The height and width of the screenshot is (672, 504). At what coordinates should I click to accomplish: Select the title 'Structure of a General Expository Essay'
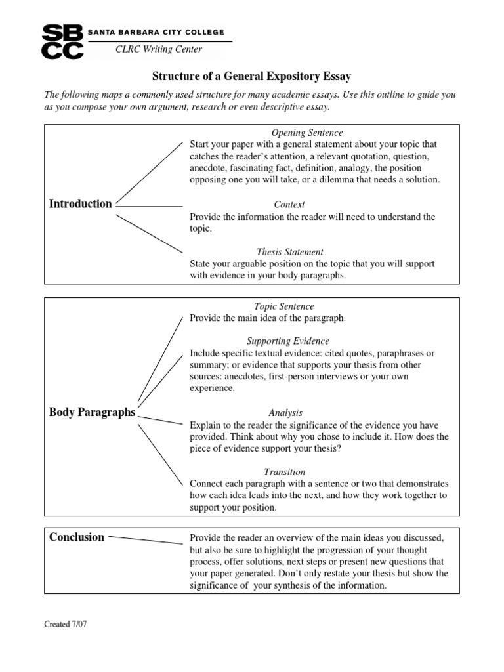(x=251, y=77)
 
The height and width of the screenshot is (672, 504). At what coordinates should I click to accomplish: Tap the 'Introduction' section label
(x=80, y=203)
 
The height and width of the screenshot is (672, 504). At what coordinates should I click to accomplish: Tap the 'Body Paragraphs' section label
(x=92, y=412)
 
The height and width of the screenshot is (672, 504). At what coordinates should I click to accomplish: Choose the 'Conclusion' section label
(x=77, y=537)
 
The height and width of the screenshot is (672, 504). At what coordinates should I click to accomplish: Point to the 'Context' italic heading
(x=289, y=205)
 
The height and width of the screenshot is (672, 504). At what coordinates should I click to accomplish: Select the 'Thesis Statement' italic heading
(x=289, y=252)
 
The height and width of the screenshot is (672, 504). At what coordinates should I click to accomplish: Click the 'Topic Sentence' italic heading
(x=283, y=306)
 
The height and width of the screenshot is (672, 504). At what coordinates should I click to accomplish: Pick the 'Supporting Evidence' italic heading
(x=287, y=341)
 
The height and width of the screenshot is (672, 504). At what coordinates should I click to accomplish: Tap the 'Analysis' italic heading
(x=285, y=413)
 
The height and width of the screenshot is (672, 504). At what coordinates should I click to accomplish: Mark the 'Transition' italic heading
(x=284, y=472)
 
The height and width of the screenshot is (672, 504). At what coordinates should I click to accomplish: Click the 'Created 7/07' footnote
(x=66, y=624)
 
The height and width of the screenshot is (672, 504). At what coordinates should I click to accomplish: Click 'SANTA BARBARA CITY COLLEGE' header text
(x=156, y=32)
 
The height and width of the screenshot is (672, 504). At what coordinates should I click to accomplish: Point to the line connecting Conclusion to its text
(x=146, y=539)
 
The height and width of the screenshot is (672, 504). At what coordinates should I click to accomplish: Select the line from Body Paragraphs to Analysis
(x=160, y=419)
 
